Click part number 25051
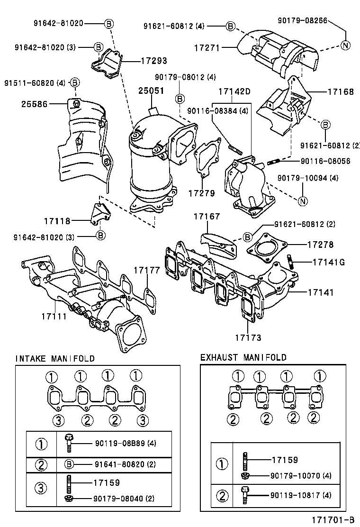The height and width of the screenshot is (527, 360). point(151,91)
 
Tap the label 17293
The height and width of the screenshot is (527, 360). point(153,61)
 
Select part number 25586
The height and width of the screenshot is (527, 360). point(34,103)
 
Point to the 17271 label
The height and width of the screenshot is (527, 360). point(207,48)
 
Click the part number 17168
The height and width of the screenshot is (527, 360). point(341,92)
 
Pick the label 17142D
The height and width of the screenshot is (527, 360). point(234,91)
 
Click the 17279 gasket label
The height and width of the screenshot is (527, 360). point(201,193)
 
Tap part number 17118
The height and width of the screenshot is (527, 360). point(57,220)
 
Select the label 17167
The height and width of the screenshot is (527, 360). point(206,217)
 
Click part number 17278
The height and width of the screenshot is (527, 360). point(320,245)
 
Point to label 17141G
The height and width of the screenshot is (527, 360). point(329,262)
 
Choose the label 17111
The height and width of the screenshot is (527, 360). point(54,316)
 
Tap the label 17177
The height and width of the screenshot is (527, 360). point(146,270)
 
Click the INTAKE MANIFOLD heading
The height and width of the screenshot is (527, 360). point(55,358)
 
